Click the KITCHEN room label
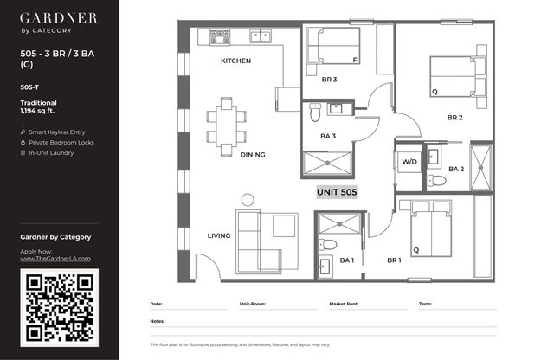coord(235,61)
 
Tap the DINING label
coord(252,155)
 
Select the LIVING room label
coord(219,235)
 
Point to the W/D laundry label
coord(409,162)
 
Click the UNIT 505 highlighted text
coord(337,192)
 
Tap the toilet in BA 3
coord(315,112)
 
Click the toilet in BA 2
coord(436,181)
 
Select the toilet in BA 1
coord(327,244)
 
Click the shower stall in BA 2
coord(481,168)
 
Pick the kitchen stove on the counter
coord(220,36)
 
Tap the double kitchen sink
coord(261,36)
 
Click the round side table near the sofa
coord(248,200)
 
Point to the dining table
coord(227,126)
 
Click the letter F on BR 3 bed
coord(355,61)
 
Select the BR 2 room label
coord(454,118)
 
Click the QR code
coord(60,307)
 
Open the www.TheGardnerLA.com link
coord(55,259)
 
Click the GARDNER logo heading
coord(58,18)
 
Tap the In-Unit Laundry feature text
coord(51,153)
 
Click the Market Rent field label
coord(344,304)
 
